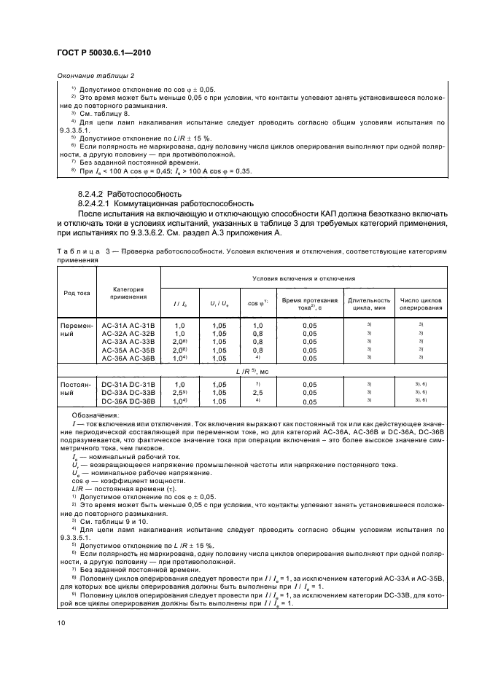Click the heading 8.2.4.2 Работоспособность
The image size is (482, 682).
[129, 195]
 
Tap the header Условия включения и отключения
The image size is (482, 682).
[303, 278]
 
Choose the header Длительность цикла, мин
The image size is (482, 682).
[369, 303]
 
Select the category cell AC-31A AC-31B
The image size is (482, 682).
[128, 324]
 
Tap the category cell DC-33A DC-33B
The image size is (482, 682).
[128, 392]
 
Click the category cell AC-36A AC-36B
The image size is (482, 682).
[128, 358]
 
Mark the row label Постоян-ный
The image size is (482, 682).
[76, 388]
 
